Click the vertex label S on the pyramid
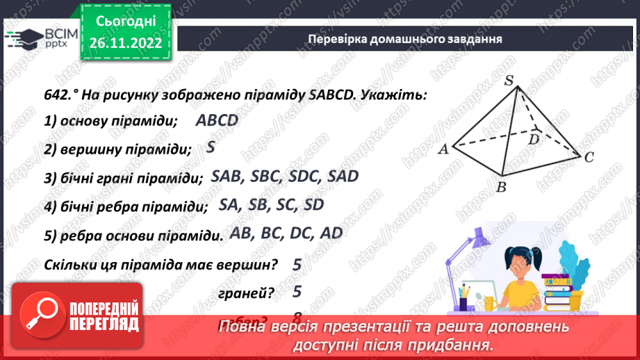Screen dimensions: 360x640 [509, 81]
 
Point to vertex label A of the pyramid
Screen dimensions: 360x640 [442, 148]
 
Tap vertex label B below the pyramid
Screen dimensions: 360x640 [500, 187]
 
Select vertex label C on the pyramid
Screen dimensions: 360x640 [589, 158]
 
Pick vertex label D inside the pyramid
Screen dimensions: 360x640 [534, 139]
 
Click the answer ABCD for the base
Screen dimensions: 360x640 [217, 120]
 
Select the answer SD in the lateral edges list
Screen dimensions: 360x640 [314, 205]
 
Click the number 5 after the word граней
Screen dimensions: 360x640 [297, 293]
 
